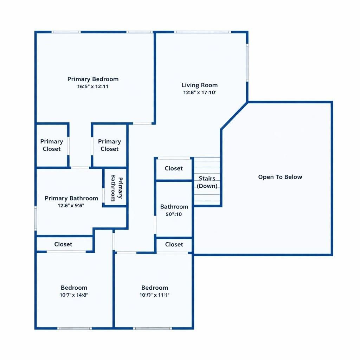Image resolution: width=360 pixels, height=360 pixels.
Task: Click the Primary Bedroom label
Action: (x=93, y=79)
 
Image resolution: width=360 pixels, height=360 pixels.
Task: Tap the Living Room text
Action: (x=199, y=85)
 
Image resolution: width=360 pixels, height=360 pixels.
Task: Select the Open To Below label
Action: (x=280, y=177)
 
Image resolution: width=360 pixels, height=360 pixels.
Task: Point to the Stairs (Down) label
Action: (x=207, y=182)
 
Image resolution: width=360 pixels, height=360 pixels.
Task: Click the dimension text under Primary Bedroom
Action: (x=93, y=86)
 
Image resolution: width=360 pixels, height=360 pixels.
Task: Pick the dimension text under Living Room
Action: (x=199, y=93)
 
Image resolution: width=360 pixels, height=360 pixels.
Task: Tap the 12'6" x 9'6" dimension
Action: (x=71, y=206)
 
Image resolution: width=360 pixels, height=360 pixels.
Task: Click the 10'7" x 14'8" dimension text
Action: (x=74, y=295)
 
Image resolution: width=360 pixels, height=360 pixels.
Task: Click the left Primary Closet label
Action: (x=52, y=145)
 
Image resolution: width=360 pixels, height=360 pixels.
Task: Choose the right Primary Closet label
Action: (x=109, y=145)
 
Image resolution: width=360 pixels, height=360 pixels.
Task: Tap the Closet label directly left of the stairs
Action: (x=174, y=168)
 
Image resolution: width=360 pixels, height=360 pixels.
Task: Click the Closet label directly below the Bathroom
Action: (x=174, y=244)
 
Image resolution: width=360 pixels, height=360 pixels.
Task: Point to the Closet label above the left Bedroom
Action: (x=63, y=244)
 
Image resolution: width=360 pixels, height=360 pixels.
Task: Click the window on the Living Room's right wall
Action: (x=247, y=63)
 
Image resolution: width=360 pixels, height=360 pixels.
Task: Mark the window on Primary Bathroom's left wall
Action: (x=36, y=218)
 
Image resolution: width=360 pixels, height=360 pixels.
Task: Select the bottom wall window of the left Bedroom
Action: (x=75, y=328)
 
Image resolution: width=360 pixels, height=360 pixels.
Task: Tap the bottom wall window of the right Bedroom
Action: (x=153, y=328)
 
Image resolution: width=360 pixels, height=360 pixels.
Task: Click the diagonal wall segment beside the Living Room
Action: (x=234, y=116)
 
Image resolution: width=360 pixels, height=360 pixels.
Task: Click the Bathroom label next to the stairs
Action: (x=174, y=207)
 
